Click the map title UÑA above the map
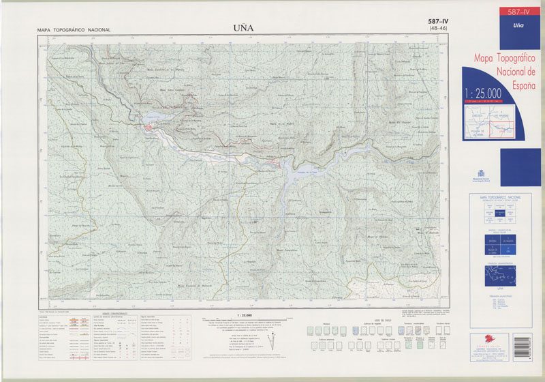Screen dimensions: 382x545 pyautogui.click(x=243, y=29)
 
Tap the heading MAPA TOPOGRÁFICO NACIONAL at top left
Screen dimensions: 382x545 pyautogui.click(x=74, y=31)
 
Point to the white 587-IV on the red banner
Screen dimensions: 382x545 pyautogui.click(x=514, y=12)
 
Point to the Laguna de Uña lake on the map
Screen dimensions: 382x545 pyautogui.click(x=151, y=117)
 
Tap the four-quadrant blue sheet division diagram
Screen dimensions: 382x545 pyautogui.click(x=500, y=244)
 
